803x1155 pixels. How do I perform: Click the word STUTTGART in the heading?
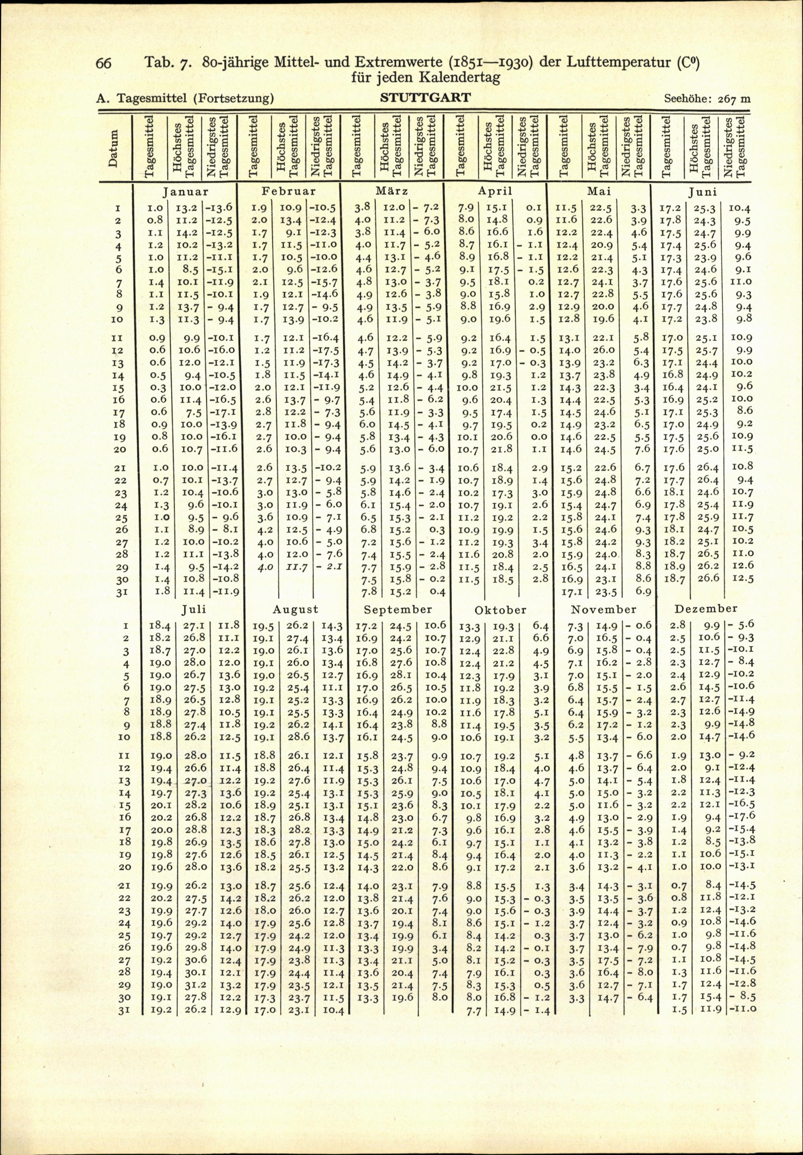click(426, 97)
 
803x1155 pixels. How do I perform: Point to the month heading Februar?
click(289, 191)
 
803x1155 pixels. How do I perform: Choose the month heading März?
click(392, 191)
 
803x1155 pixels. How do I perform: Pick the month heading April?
click(495, 191)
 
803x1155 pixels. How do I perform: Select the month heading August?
click(296, 610)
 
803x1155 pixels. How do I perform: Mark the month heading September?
click(398, 610)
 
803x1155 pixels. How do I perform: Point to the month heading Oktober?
click(500, 610)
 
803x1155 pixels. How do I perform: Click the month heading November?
click(603, 610)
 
